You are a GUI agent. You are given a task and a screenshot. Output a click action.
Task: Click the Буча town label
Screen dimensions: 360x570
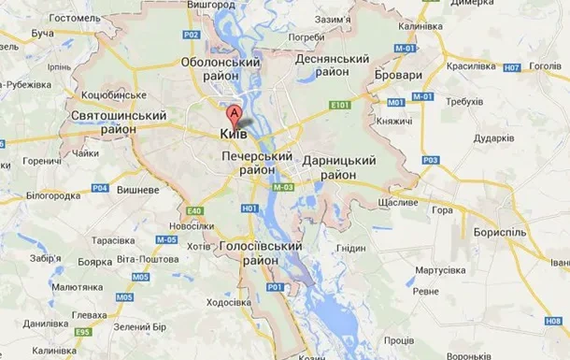pos(42,34)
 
